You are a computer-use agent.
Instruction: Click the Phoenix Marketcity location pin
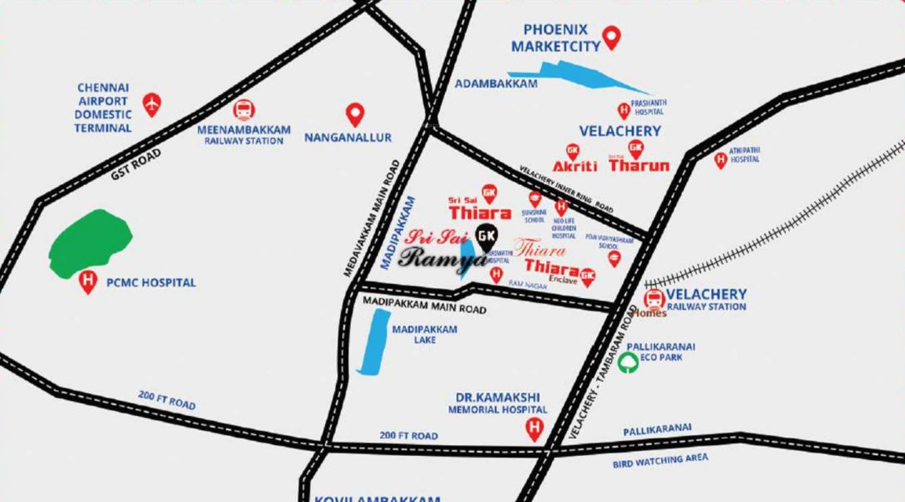(x=612, y=37)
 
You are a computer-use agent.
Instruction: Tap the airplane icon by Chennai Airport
(x=152, y=104)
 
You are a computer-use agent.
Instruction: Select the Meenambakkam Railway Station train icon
(x=244, y=110)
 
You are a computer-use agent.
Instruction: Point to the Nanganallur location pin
(x=355, y=114)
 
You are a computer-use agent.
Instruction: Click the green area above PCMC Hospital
(x=89, y=243)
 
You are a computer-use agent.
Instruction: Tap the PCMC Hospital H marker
(x=87, y=280)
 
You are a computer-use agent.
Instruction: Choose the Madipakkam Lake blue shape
(x=373, y=342)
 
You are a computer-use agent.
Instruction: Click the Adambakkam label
(x=496, y=83)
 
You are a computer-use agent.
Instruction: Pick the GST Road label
(x=136, y=164)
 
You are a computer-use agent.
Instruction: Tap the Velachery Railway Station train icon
(x=654, y=299)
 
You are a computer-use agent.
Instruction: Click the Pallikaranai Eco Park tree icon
(x=629, y=362)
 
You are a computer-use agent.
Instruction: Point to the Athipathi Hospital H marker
(x=721, y=160)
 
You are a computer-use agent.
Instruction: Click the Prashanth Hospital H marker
(x=623, y=110)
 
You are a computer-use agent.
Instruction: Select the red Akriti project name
(x=574, y=166)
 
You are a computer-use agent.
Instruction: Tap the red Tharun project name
(x=639, y=165)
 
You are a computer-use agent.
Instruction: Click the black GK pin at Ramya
(x=486, y=236)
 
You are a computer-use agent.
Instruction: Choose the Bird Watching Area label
(x=660, y=461)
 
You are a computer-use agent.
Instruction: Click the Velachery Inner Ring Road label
(x=566, y=190)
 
